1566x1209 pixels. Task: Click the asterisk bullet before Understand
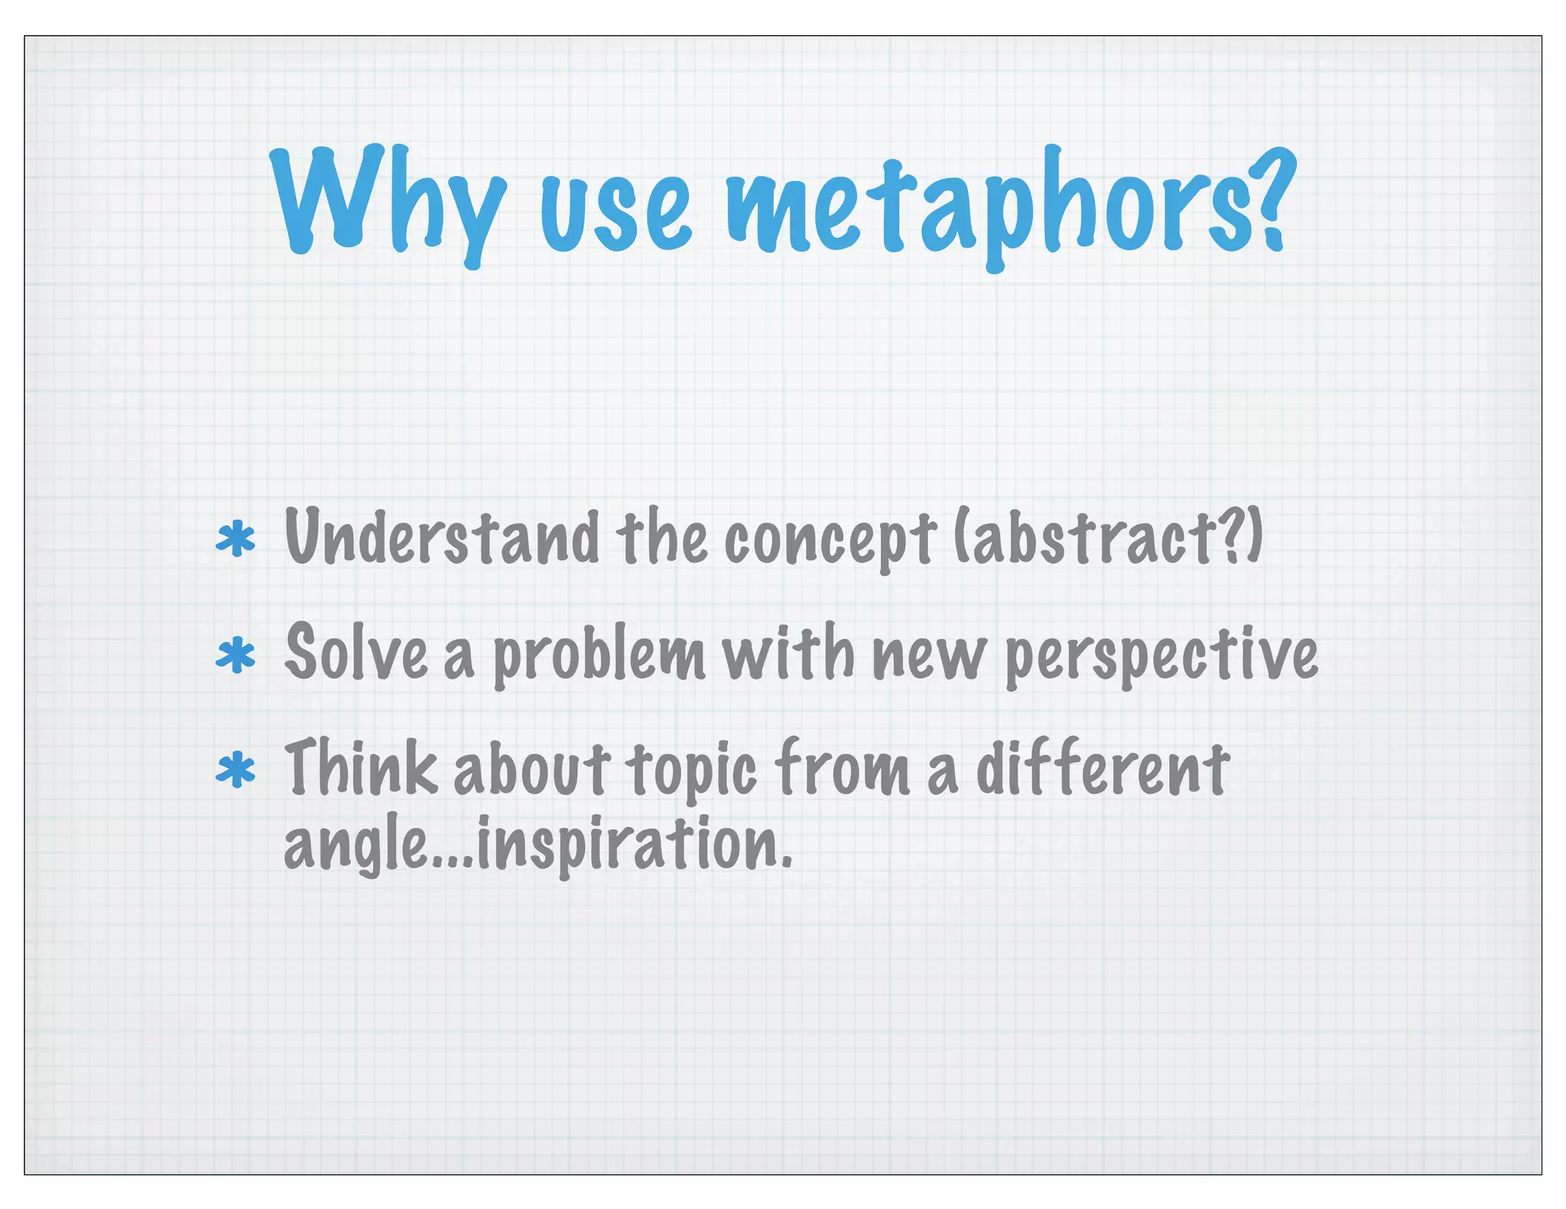click(x=236, y=540)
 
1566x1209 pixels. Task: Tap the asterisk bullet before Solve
click(x=236, y=656)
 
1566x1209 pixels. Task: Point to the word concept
click(x=829, y=540)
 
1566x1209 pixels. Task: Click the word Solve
click(x=356, y=653)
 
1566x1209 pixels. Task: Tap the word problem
click(x=598, y=656)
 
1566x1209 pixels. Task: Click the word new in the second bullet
click(x=928, y=657)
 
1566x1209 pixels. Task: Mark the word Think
click(x=360, y=767)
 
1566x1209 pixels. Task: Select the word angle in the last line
click(x=356, y=845)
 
